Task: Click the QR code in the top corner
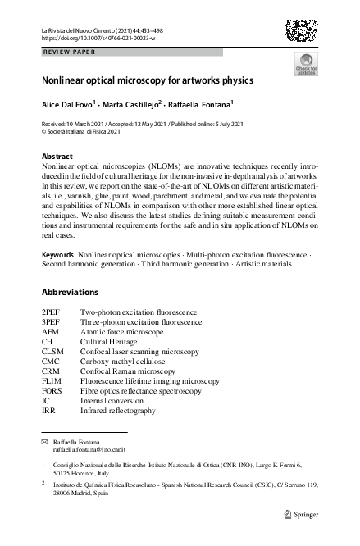[x=303, y=33]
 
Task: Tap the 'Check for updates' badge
[x=306, y=66]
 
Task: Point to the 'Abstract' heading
[x=58, y=156]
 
